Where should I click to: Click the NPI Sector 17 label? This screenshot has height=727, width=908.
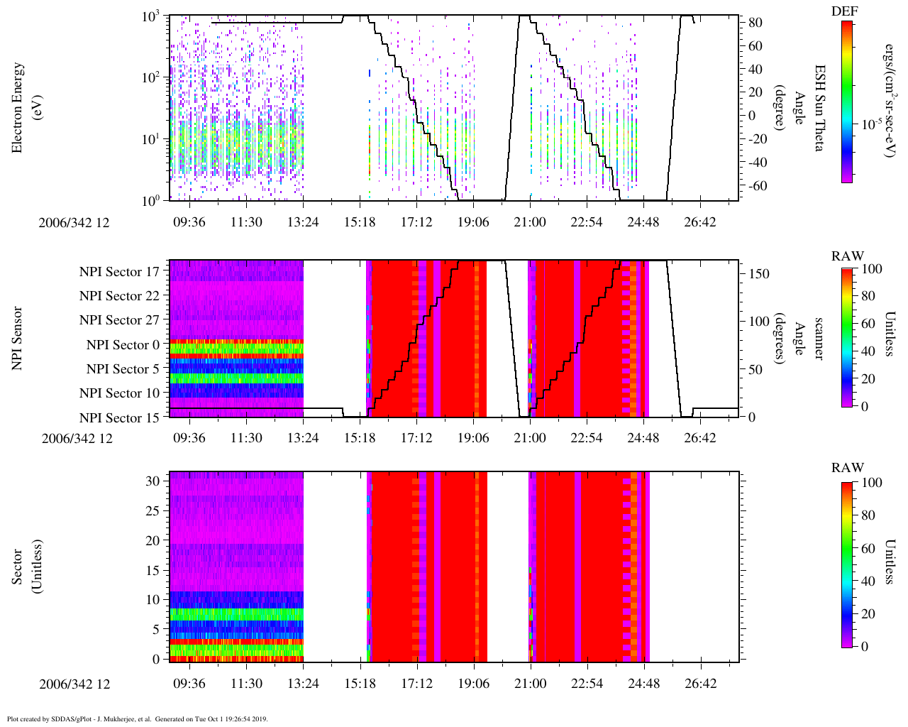click(x=119, y=272)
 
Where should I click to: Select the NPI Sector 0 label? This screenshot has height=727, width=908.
click(x=123, y=345)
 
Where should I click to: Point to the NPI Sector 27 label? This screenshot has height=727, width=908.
click(x=119, y=320)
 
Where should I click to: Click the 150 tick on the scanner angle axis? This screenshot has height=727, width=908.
click(x=759, y=274)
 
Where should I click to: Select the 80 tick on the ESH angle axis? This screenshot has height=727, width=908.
click(x=755, y=23)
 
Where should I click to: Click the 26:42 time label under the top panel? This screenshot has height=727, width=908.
click(x=700, y=222)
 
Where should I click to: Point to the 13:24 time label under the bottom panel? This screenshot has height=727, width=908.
click(x=303, y=684)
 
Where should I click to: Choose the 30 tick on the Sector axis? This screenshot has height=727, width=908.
click(x=153, y=481)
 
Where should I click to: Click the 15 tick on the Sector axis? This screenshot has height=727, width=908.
click(x=153, y=570)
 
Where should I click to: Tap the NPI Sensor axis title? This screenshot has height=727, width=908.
click(x=18, y=338)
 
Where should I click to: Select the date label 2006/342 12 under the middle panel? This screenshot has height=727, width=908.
click(x=77, y=438)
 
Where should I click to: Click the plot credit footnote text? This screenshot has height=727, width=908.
click(x=137, y=718)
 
